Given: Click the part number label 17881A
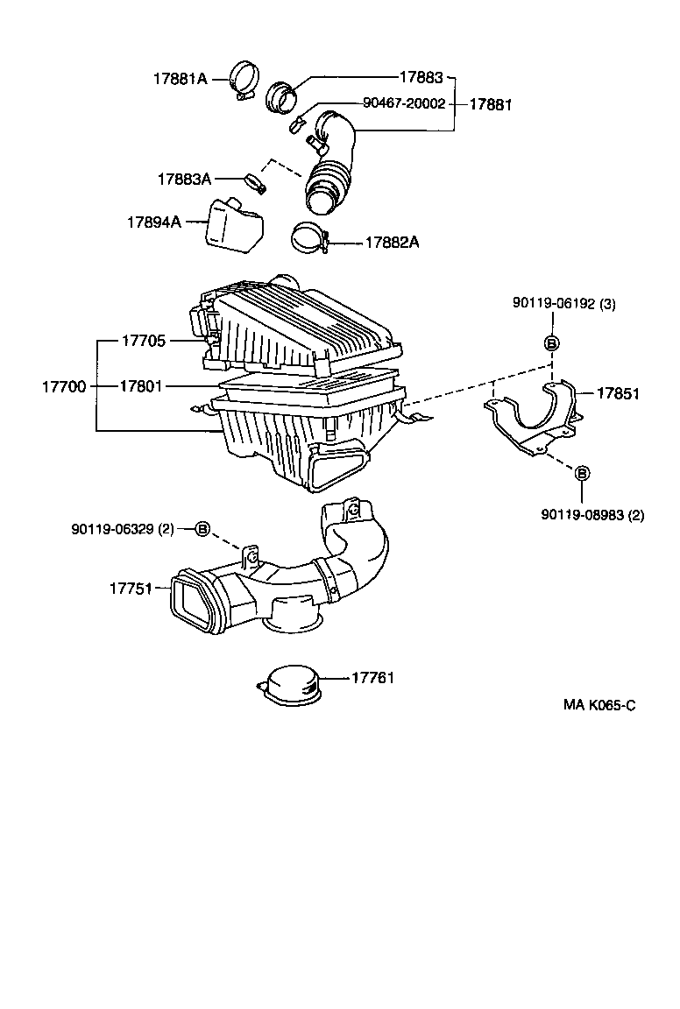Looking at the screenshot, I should pos(181,79).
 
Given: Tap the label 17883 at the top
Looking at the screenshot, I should pos(421,77).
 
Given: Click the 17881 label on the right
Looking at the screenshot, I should pos(491,103).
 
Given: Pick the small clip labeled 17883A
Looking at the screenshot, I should pos(253,183).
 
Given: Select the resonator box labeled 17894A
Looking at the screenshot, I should pos(234,224).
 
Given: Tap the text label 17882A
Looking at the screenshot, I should pos(392,243).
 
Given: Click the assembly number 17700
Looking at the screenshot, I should pos(64,386).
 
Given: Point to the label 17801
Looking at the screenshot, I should pos(142,386).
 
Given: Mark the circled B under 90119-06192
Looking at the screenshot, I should pos(552,342).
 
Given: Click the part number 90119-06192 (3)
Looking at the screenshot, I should pos(563,304).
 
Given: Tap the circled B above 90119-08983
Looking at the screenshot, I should pos(582,473).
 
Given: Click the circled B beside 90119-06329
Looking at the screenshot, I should pos(202,528).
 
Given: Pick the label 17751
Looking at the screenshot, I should pos(131,589).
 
